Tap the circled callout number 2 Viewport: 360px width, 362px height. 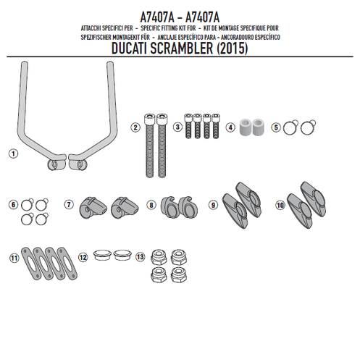[x=135, y=128]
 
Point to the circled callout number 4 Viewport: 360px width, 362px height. [x=230, y=127]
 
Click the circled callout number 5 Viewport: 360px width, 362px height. [x=275, y=127]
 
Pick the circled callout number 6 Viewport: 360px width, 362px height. [x=13, y=205]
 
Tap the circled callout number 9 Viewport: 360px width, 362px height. [x=213, y=205]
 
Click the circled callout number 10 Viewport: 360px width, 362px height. [x=280, y=205]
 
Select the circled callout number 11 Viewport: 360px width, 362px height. [x=13, y=257]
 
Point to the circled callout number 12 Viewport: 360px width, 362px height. [x=83, y=257]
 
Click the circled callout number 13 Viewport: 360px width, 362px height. [x=139, y=257]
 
